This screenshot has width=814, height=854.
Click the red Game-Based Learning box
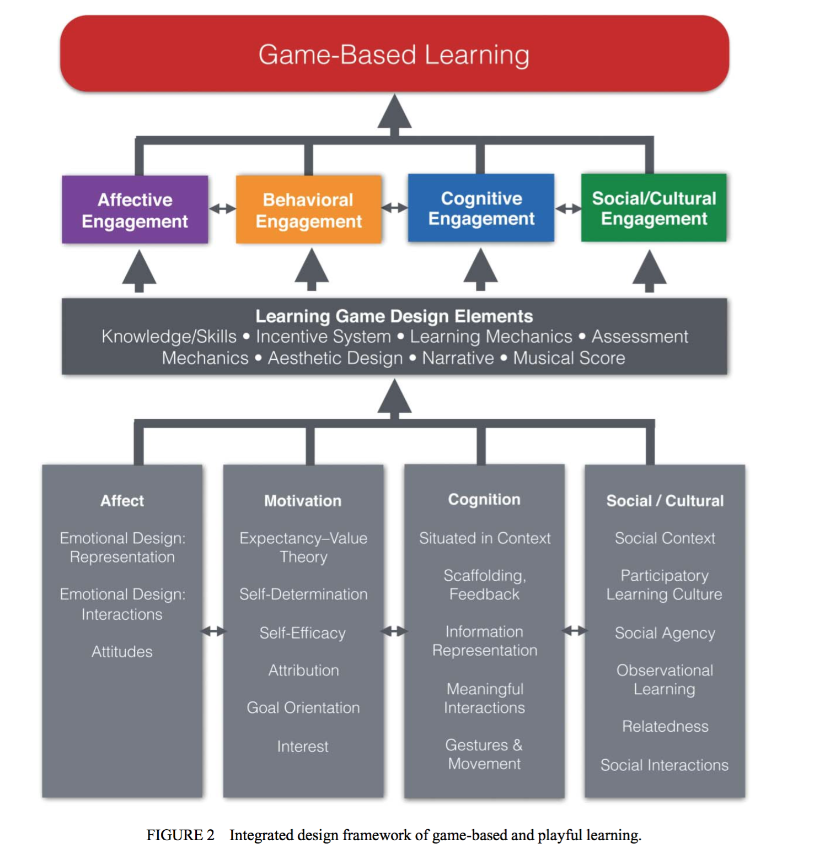[x=394, y=53]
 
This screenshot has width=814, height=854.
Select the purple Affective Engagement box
[x=135, y=210]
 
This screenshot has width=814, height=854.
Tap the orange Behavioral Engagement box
[x=308, y=210]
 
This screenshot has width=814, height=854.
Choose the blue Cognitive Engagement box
[x=481, y=208]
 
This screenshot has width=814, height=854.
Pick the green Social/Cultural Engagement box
[x=654, y=208]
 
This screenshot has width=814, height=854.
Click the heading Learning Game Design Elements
[x=394, y=316]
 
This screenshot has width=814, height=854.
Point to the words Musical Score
[x=569, y=358]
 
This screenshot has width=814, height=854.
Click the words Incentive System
[x=323, y=337]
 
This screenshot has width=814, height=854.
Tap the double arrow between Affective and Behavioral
[x=222, y=209]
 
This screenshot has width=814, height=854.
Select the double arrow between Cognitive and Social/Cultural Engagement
[x=568, y=209]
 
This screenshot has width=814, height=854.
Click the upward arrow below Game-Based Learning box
[x=394, y=113]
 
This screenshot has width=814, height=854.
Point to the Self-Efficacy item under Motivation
[x=303, y=633]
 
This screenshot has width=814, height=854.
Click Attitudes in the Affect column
[x=122, y=652]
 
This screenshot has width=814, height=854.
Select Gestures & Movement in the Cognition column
[x=484, y=754]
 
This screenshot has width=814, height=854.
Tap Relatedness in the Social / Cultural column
[x=665, y=726]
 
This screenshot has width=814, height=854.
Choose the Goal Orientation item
[x=303, y=707]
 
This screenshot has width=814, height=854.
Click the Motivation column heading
[x=303, y=501]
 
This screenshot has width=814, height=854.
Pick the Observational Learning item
[x=665, y=679]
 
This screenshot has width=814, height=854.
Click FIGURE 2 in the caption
[x=180, y=835]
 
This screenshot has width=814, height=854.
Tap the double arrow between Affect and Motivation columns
[x=213, y=631]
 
